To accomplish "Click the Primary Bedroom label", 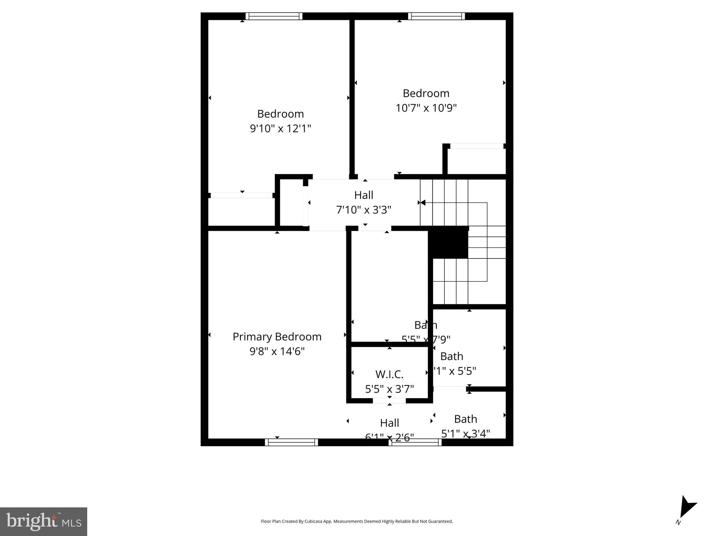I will tap(277, 336).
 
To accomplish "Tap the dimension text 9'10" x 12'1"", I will tap(280, 128).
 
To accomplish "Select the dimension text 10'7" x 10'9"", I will tap(426, 108).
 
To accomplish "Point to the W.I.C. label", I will tap(389, 374).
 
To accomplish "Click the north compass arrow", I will tap(687, 507).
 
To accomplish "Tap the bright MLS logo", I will tap(44, 521).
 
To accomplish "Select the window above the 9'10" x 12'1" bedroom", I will tap(274, 16).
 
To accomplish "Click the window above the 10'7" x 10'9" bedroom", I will tap(436, 16).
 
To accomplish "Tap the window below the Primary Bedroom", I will tap(291, 442).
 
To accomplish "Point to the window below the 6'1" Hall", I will tap(415, 442).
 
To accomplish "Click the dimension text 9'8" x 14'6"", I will tap(277, 351).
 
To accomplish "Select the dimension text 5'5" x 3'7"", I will tap(389, 389).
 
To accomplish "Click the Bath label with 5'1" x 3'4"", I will tap(465, 419).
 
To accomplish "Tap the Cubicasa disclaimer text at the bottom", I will tap(356, 521).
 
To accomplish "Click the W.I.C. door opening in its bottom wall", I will tap(389, 401).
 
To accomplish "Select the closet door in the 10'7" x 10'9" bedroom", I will tap(476, 146).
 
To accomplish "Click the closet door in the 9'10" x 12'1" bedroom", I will tap(241, 195).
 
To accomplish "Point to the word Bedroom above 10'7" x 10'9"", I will tap(426, 93).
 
